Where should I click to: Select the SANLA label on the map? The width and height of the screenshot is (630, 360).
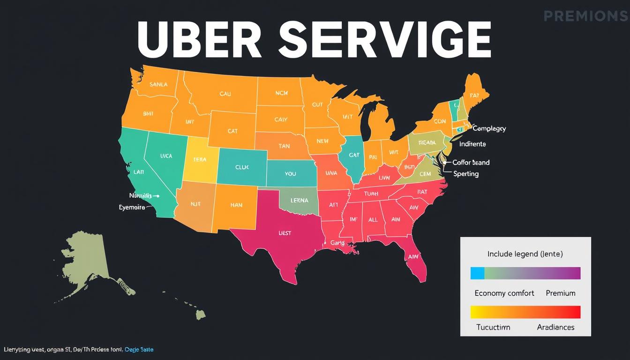(158, 85)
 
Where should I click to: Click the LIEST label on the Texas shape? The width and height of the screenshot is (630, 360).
(285, 232)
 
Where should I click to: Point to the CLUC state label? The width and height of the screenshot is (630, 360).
(242, 167)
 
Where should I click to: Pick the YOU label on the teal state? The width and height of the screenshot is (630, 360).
(290, 174)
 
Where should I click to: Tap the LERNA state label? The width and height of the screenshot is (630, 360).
(299, 200)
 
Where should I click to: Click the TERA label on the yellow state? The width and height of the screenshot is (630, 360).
(200, 159)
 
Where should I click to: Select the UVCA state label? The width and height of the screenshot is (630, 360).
(166, 156)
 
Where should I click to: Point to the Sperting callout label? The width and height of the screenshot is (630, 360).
(466, 174)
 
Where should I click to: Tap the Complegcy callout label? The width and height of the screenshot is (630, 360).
(489, 128)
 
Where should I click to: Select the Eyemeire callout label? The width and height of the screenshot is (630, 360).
(132, 207)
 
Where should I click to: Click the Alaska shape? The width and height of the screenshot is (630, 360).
(89, 265)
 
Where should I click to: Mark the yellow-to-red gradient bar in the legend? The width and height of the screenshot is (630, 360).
(525, 312)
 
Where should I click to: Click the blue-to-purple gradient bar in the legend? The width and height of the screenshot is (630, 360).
(525, 273)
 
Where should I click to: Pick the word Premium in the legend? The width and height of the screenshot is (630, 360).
(560, 293)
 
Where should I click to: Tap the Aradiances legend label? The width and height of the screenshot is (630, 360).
(555, 327)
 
